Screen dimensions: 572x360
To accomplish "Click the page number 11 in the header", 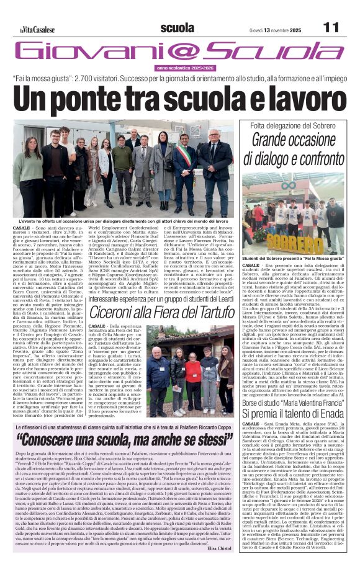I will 331,27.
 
